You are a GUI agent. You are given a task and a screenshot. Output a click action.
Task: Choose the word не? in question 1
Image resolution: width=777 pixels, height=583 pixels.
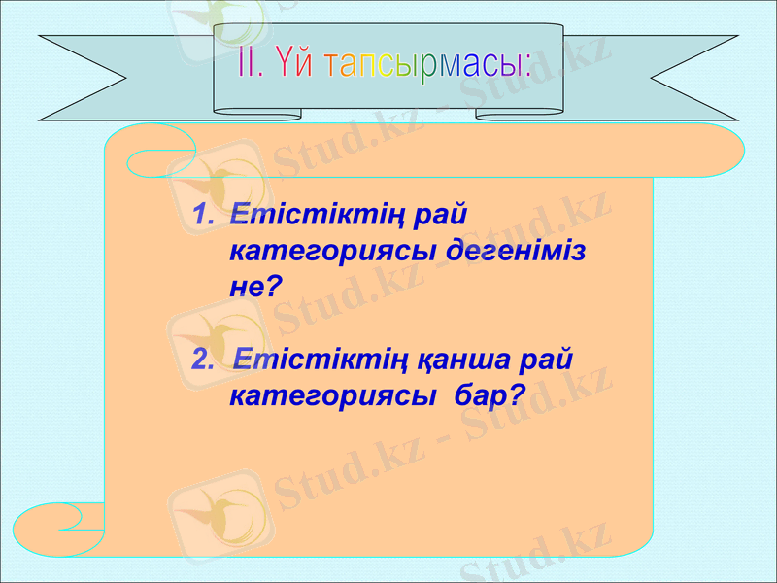pos(254,286)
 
